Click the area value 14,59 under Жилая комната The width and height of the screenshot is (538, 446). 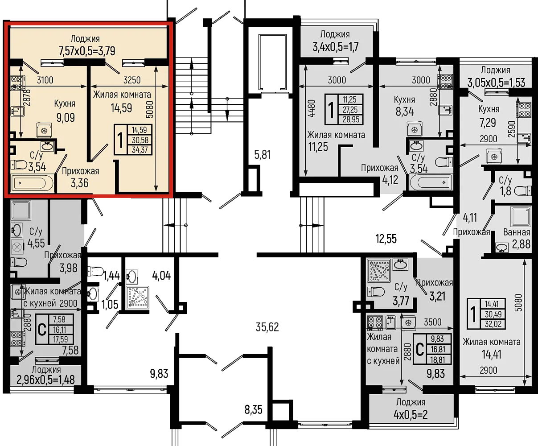pos(121,108)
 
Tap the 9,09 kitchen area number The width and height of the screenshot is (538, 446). pos(66,118)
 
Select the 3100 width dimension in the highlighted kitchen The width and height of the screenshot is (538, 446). pos(45,80)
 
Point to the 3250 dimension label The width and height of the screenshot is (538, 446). pos(132,80)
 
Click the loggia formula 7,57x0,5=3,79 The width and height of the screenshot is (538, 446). pos(87,51)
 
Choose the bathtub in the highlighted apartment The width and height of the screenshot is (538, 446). pos(33,183)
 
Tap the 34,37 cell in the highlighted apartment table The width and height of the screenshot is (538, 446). pos(140,150)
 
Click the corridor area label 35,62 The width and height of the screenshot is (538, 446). pos(267,327)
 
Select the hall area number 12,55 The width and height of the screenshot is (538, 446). pos(386,239)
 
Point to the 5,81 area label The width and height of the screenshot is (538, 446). pos(262,155)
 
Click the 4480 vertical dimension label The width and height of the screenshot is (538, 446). pos(312,108)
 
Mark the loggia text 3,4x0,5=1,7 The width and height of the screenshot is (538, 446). pos(336,47)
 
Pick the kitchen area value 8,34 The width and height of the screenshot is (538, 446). pos(405,111)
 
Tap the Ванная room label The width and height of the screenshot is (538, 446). pos(517,232)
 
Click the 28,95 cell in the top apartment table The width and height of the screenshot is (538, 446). pos(351,120)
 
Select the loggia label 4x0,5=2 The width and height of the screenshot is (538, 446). pos(411,415)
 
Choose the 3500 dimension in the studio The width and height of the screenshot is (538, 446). pos(433,322)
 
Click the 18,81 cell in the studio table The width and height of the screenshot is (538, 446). pos(437,359)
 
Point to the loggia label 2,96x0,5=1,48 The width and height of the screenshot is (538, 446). pos(45,380)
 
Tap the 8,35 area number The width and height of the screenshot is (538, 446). pos(253,409)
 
